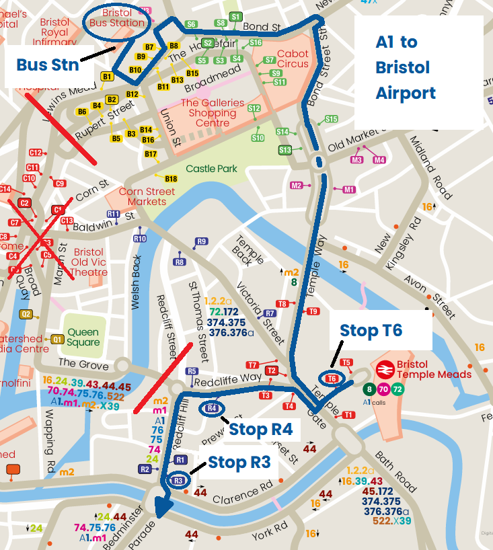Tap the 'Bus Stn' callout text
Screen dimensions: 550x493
tap(47, 65)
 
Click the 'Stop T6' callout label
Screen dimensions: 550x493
tap(371, 330)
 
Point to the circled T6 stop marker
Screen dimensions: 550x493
tap(332, 379)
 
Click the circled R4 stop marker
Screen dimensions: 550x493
tap(211, 408)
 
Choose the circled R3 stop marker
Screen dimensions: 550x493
tap(178, 480)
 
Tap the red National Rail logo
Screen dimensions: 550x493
tap(385, 370)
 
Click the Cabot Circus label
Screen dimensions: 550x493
tap(293, 58)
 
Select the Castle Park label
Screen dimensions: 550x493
tap(211, 169)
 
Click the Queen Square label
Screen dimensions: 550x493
tap(83, 337)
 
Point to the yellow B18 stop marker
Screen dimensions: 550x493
tap(171, 179)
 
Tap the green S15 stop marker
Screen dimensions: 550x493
tap(331, 119)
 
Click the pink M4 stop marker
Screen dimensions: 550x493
tap(379, 160)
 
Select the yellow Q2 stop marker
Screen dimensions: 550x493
tap(26, 314)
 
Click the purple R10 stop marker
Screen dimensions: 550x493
tap(140, 239)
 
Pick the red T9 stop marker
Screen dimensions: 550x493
tap(313, 311)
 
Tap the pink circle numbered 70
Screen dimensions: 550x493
tap(383, 389)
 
